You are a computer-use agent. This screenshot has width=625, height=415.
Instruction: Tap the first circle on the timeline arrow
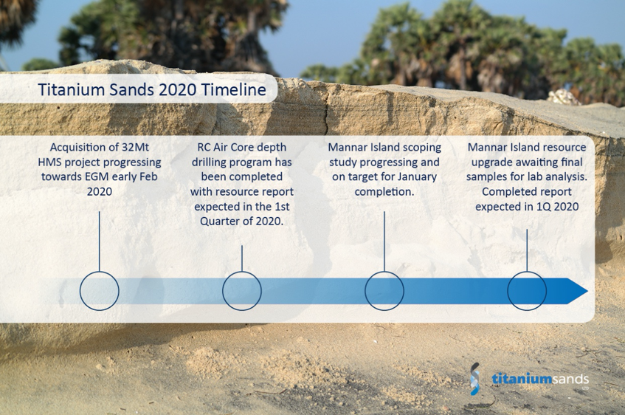(99, 291)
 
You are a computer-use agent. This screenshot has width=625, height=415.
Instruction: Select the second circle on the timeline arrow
(242, 291)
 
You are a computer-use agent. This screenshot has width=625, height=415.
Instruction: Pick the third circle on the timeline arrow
(384, 291)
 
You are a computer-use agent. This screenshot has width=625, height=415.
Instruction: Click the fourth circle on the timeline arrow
(527, 291)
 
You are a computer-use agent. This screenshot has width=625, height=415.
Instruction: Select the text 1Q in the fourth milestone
(545, 206)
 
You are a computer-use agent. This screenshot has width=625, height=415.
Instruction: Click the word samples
(487, 176)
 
